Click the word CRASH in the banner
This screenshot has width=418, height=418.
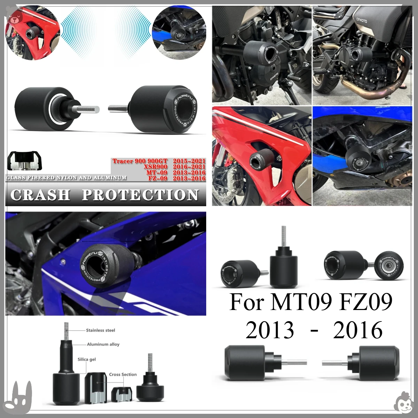[x=40, y=195]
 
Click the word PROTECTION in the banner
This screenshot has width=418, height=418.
[x=140, y=195]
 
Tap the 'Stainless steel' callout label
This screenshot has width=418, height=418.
[x=100, y=330]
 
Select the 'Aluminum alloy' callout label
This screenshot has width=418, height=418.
[x=103, y=344]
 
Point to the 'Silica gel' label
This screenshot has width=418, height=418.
[x=87, y=359]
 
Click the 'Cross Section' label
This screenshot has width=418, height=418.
[x=123, y=374]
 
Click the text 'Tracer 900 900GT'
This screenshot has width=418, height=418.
[x=140, y=161]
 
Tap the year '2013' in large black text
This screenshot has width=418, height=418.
[x=270, y=330]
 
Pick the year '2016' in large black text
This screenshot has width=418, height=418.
[x=357, y=330]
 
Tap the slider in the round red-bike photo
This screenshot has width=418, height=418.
[x=31, y=35]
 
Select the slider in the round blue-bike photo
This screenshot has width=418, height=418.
[x=177, y=35]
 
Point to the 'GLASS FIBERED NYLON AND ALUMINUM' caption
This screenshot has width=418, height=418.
[x=66, y=178]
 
